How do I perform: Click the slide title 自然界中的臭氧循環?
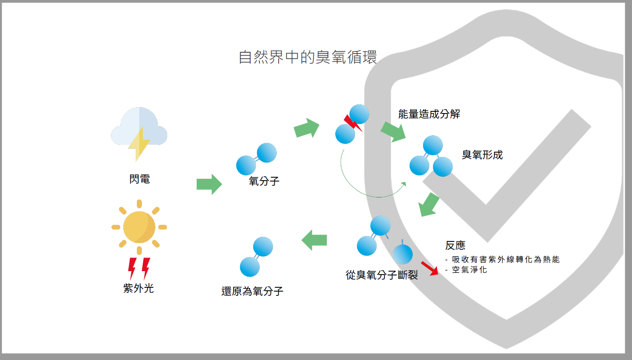(x=308, y=57)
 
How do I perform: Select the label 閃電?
(x=139, y=179)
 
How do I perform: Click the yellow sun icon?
(x=139, y=227)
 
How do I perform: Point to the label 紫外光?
(x=138, y=288)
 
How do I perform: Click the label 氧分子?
(x=264, y=181)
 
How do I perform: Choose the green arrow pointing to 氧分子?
(x=209, y=184)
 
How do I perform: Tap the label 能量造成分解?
(x=429, y=114)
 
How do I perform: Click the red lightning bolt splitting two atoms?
(x=353, y=123)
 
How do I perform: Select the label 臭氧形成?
(x=482, y=155)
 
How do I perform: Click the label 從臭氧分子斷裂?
(x=382, y=275)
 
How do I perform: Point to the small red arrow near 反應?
(x=429, y=268)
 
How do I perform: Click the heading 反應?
(x=455, y=245)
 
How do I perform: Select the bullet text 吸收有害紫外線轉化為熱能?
(x=505, y=259)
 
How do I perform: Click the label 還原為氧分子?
(x=252, y=291)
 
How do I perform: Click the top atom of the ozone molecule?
(x=433, y=145)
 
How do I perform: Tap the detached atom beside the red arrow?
(x=403, y=255)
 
